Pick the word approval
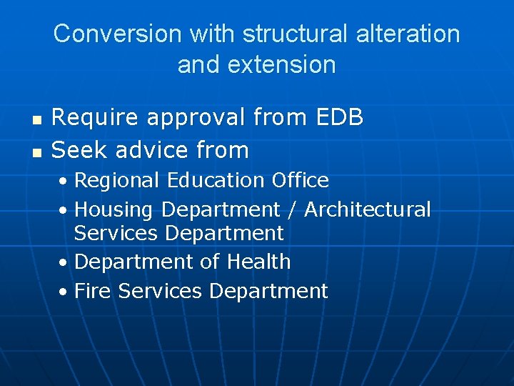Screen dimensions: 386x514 [x=193, y=118]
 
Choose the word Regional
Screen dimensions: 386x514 [x=118, y=180]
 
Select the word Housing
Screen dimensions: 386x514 [x=114, y=210]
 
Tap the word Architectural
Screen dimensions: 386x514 [x=368, y=209]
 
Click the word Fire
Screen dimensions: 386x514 [x=94, y=291]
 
